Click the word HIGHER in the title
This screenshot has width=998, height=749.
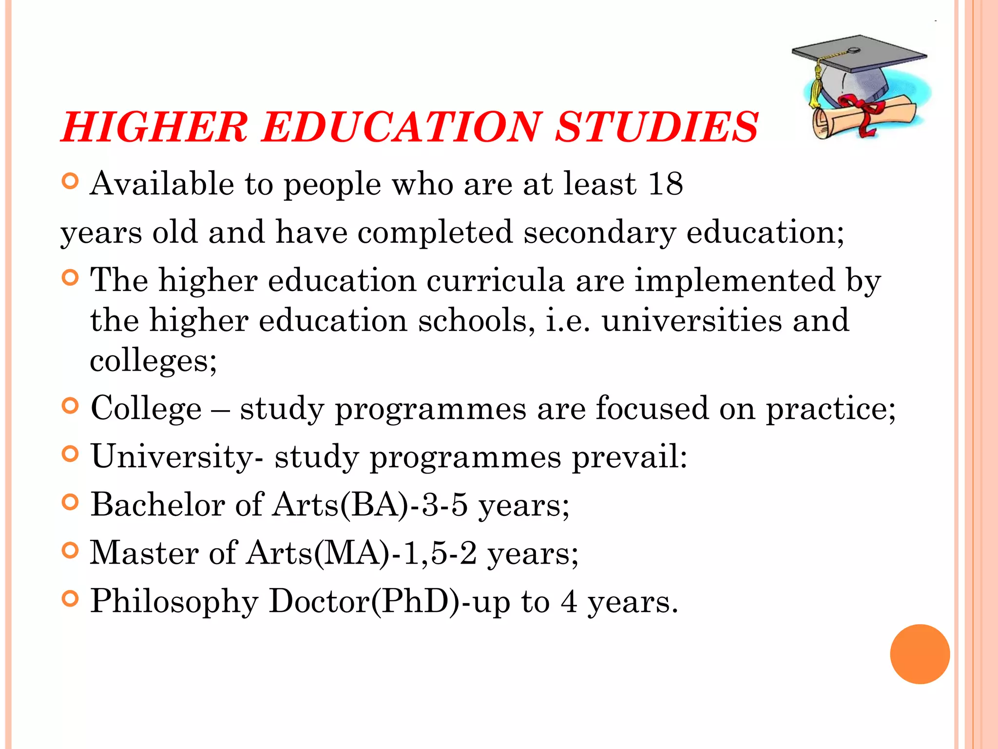click(155, 127)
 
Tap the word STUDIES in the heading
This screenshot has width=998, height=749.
click(657, 127)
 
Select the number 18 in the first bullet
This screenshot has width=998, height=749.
click(665, 184)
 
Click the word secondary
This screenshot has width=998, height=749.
click(599, 232)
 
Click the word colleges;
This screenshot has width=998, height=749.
click(153, 361)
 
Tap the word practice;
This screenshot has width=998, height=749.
click(830, 408)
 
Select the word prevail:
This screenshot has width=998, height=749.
click(629, 457)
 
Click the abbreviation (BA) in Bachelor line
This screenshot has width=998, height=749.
click(374, 505)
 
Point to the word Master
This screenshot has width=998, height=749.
click(144, 553)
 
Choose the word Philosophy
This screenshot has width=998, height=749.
click(174, 601)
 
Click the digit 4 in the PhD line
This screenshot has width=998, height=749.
click(569, 601)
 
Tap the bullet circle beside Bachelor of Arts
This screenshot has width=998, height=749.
click(71, 502)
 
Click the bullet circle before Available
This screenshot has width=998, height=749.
click(71, 181)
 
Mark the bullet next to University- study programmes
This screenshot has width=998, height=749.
click(71, 454)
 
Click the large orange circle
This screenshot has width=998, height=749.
click(920, 654)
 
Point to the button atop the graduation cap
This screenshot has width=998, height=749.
click(854, 50)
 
